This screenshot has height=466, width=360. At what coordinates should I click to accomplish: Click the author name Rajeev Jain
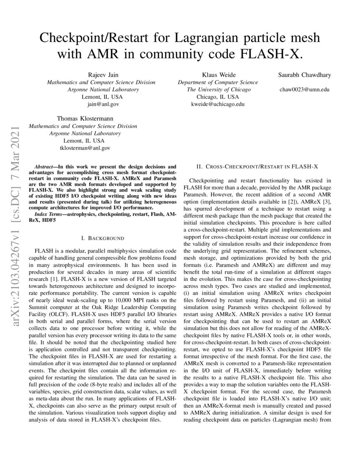click(101, 75)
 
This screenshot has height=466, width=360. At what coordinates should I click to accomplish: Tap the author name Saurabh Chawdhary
click(305, 75)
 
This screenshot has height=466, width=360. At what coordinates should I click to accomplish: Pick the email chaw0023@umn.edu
click(305, 89)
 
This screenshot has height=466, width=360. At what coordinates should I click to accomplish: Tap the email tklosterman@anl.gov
click(83, 148)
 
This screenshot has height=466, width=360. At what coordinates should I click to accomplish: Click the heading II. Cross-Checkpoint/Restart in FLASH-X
click(257, 167)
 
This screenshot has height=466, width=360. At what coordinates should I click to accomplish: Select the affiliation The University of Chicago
click(219, 89)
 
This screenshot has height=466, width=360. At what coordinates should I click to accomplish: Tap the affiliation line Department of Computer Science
click(218, 82)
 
